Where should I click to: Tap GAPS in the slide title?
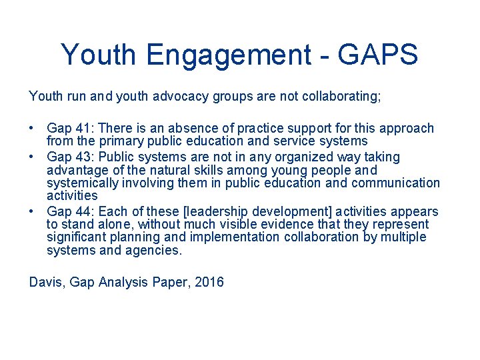[378, 55]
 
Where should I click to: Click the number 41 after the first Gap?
[84, 128]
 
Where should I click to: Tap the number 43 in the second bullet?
[84, 157]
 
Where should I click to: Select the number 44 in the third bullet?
[84, 212]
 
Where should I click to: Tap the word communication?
[399, 183]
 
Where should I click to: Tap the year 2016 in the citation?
[209, 282]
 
